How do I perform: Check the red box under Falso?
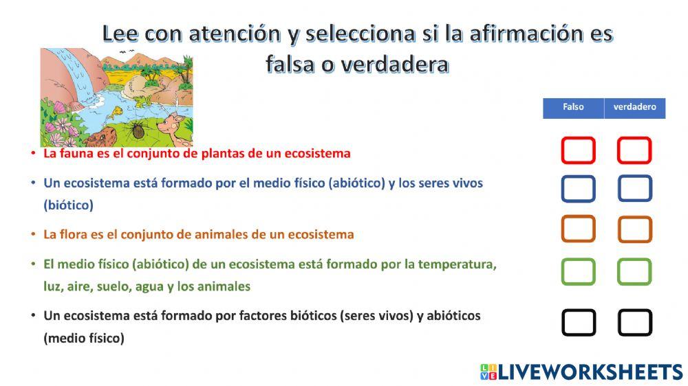pyautogui.click(x=578, y=150)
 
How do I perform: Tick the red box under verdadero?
pyautogui.click(x=634, y=150)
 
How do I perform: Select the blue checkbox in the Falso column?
pyautogui.click(x=578, y=188)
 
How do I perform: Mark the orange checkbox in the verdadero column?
pyautogui.click(x=634, y=229)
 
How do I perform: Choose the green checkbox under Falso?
pyautogui.click(x=578, y=272)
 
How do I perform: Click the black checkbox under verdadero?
pyautogui.click(x=634, y=322)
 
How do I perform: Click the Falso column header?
pyautogui.click(x=573, y=108)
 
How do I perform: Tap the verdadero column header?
pyautogui.click(x=634, y=108)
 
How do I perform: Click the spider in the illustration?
pyautogui.click(x=137, y=130)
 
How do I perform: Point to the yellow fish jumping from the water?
pyautogui.click(x=116, y=109)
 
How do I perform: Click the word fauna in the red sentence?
pyautogui.click(x=75, y=153)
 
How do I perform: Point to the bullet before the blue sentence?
pyautogui.click(x=33, y=183)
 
